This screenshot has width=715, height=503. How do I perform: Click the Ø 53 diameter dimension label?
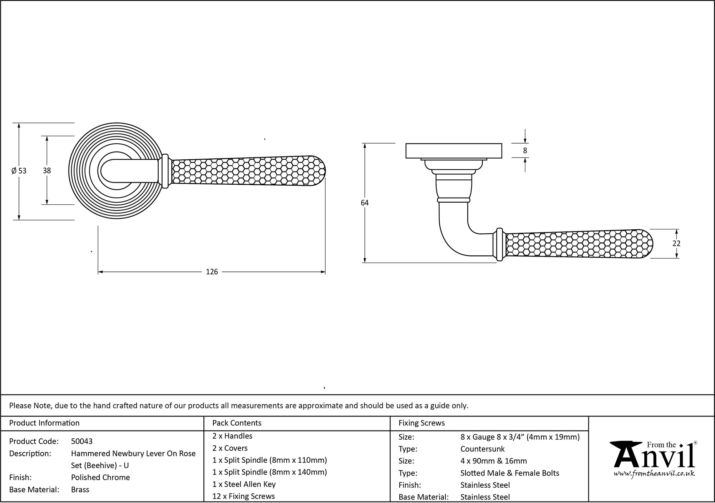(19, 171)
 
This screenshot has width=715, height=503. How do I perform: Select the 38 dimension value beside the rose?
(47, 171)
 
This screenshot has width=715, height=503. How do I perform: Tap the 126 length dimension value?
(212, 272)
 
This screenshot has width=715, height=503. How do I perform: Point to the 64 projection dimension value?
(365, 203)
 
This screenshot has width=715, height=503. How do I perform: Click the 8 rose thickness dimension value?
(525, 151)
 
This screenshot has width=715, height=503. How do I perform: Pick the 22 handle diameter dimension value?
(676, 243)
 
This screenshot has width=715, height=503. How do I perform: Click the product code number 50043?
(82, 441)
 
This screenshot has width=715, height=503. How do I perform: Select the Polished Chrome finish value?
(100, 477)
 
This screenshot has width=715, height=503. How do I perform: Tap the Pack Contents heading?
(237, 423)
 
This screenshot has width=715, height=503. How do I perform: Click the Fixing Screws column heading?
(422, 423)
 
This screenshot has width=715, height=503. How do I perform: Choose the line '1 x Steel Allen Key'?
(244, 484)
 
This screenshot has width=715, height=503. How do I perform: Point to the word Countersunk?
(483, 449)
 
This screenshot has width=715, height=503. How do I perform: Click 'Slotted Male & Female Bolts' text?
(510, 473)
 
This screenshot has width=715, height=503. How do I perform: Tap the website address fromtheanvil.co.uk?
(654, 474)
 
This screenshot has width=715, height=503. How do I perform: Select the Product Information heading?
(44, 423)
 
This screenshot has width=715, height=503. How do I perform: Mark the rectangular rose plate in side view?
(454, 150)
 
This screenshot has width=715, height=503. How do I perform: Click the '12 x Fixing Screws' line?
(243, 496)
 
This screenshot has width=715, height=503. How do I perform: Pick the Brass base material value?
(80, 489)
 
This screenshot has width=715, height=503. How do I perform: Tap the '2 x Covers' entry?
(230, 448)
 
